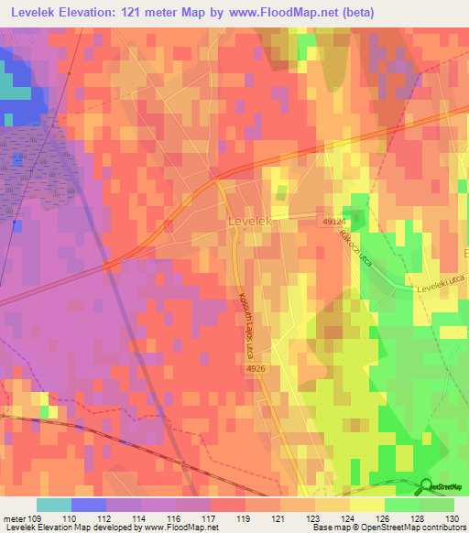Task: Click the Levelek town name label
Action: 248,222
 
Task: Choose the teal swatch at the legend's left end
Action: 53,505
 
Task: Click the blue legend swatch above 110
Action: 88,505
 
